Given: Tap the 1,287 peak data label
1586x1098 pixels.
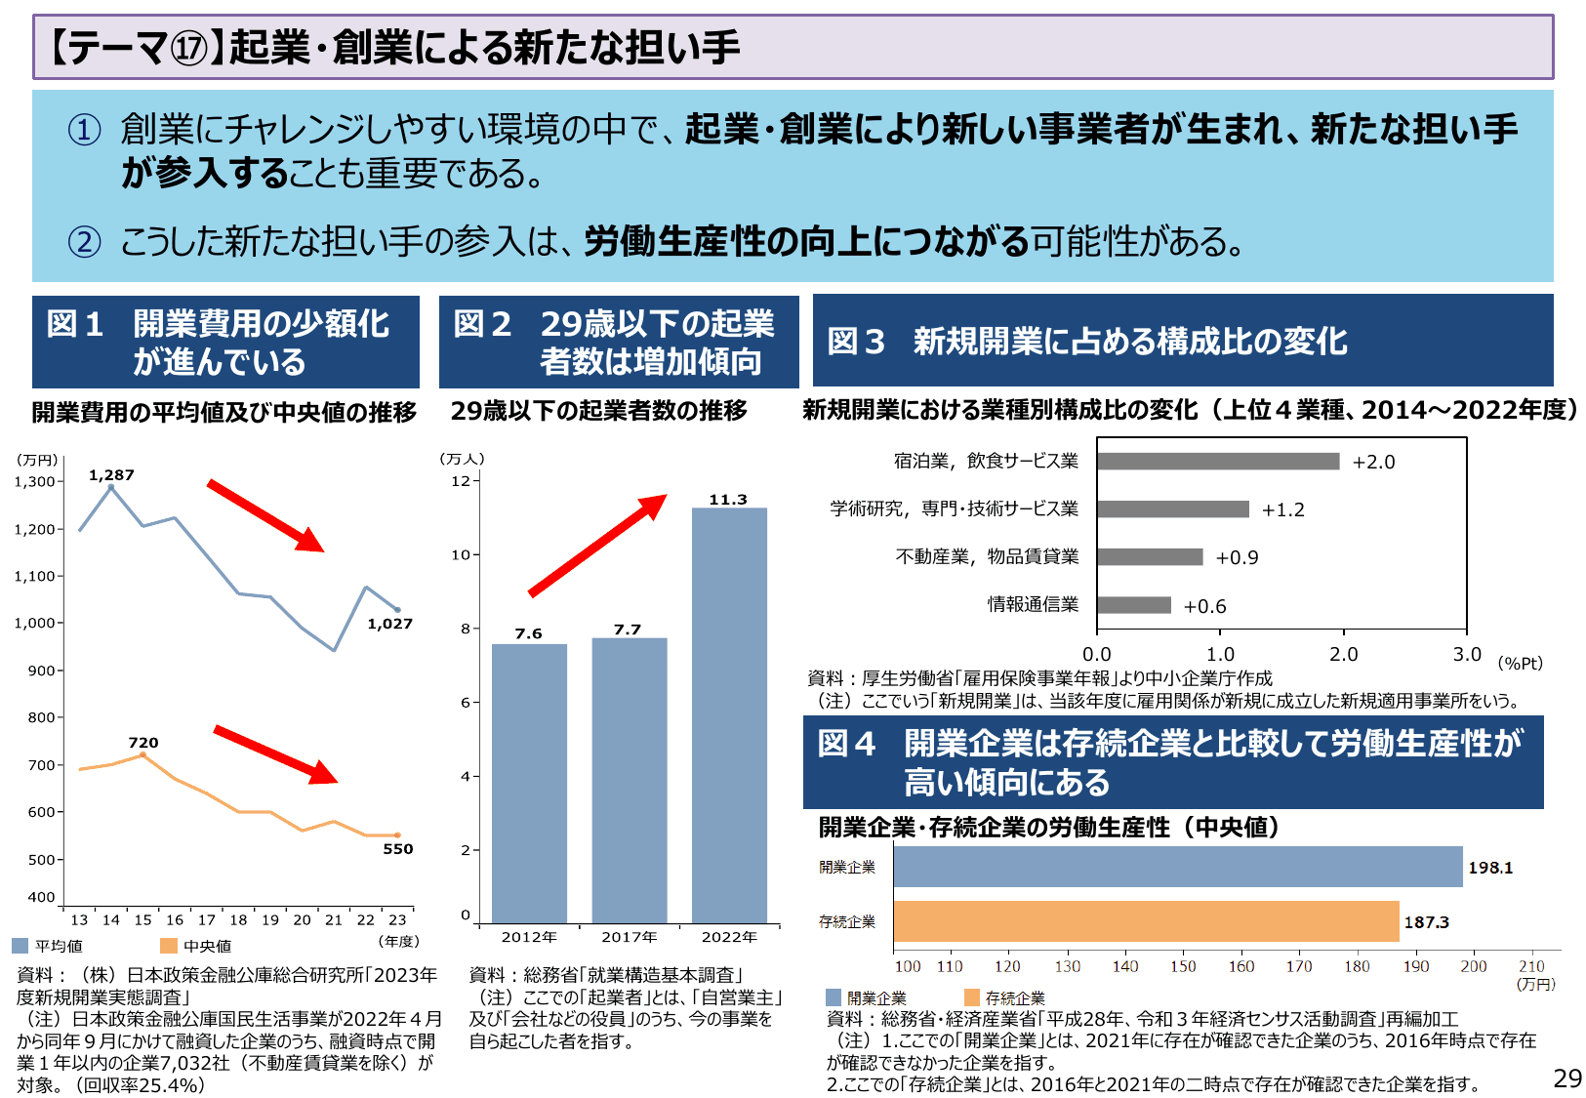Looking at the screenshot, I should [111, 475].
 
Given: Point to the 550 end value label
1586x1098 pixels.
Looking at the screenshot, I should [397, 849].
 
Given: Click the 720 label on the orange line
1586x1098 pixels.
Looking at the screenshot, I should [142, 743].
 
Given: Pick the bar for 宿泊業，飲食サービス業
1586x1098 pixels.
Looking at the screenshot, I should [1217, 461].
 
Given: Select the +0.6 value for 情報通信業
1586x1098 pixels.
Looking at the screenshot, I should [1204, 606].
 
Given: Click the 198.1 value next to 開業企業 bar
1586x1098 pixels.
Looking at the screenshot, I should [1489, 868].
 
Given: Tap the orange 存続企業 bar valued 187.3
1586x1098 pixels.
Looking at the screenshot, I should [1146, 921].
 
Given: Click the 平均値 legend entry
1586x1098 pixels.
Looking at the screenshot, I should [49, 946].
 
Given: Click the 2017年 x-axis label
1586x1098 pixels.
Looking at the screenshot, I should [629, 937].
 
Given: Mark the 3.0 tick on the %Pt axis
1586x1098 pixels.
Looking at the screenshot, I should [1466, 654].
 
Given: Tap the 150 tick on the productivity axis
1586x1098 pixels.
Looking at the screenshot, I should [1183, 966].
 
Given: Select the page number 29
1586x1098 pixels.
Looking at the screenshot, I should [1566, 1078].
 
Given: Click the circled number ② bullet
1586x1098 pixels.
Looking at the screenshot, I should [84, 241].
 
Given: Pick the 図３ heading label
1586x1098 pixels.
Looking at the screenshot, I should [856, 341].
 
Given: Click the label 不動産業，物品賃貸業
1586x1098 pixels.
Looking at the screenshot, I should [987, 556].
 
